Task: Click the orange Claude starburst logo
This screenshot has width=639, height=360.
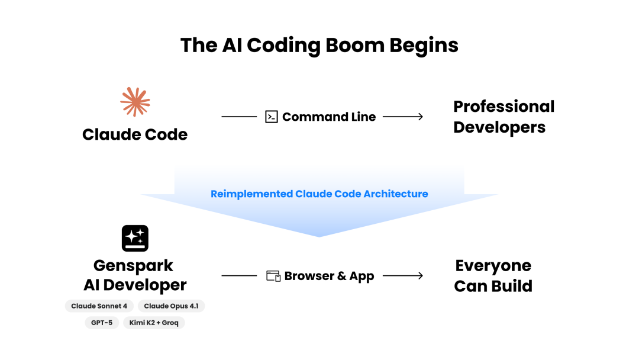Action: (x=135, y=102)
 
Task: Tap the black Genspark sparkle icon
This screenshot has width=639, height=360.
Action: (x=135, y=238)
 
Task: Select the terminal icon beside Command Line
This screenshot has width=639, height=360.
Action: (x=272, y=117)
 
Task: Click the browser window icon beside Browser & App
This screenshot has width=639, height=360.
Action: (x=273, y=276)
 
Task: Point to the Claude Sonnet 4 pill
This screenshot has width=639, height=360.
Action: (x=99, y=306)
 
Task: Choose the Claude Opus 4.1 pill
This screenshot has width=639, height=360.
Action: (x=171, y=306)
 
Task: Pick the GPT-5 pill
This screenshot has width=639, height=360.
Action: (x=102, y=323)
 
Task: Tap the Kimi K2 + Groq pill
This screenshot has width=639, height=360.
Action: (x=154, y=323)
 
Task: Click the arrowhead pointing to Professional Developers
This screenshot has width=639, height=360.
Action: (x=421, y=117)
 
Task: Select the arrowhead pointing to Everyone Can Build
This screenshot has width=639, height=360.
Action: (x=421, y=275)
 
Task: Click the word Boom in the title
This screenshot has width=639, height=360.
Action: (x=355, y=45)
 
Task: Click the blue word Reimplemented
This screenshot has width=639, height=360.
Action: (x=251, y=194)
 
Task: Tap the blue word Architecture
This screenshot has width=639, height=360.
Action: (x=396, y=194)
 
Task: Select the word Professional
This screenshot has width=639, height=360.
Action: (x=504, y=107)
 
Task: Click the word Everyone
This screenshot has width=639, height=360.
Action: (x=493, y=266)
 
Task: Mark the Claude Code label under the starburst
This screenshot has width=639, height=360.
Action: (x=135, y=134)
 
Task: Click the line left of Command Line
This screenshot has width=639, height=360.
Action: (x=239, y=117)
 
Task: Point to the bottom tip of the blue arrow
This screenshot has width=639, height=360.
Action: (x=319, y=237)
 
